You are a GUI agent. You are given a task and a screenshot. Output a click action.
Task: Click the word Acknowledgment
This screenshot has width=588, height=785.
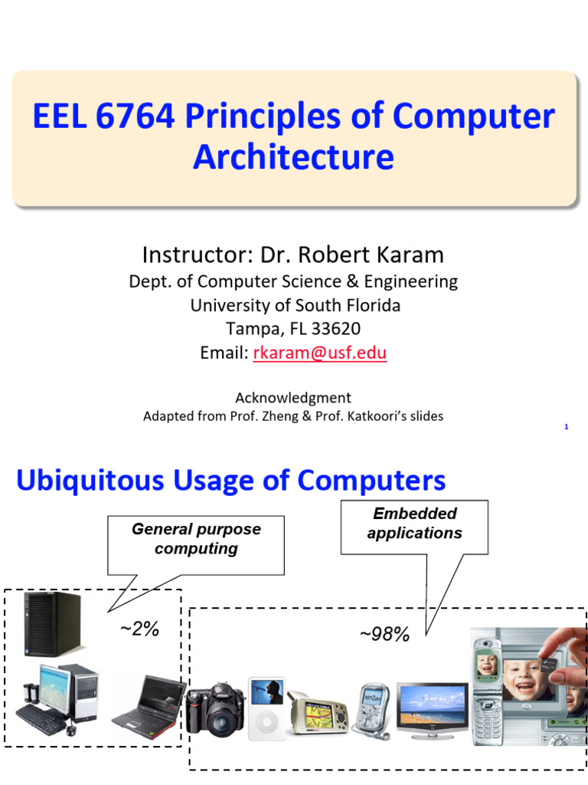(x=293, y=398)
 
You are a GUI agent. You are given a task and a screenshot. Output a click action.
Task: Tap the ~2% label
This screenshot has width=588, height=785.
(x=139, y=629)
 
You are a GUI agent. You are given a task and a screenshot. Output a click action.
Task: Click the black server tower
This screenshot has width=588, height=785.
(x=52, y=624)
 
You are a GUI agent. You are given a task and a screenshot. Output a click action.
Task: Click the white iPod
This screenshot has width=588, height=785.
(x=266, y=708)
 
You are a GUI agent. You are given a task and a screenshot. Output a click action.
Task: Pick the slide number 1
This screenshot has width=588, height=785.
(x=566, y=427)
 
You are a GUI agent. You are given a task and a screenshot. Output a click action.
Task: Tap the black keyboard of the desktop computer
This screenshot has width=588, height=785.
(x=40, y=720)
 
